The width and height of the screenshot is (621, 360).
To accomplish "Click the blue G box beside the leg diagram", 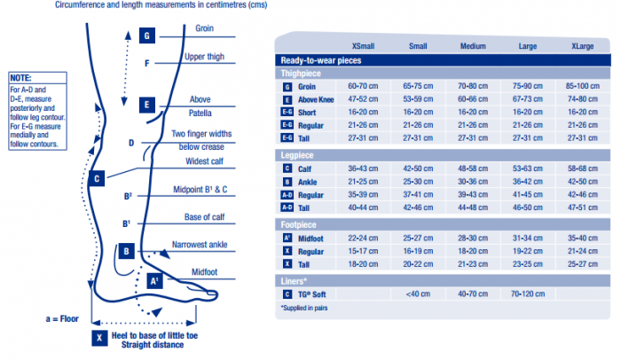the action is pyautogui.click(x=147, y=36).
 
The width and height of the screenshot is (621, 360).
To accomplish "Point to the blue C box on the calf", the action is pyautogui.click(x=97, y=178).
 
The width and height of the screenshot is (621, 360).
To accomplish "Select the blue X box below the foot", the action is pyautogui.click(x=98, y=337).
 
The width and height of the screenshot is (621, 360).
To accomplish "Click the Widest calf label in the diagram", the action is pyautogui.click(x=204, y=162).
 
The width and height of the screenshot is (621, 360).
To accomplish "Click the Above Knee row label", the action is pyautogui.click(x=316, y=100).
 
